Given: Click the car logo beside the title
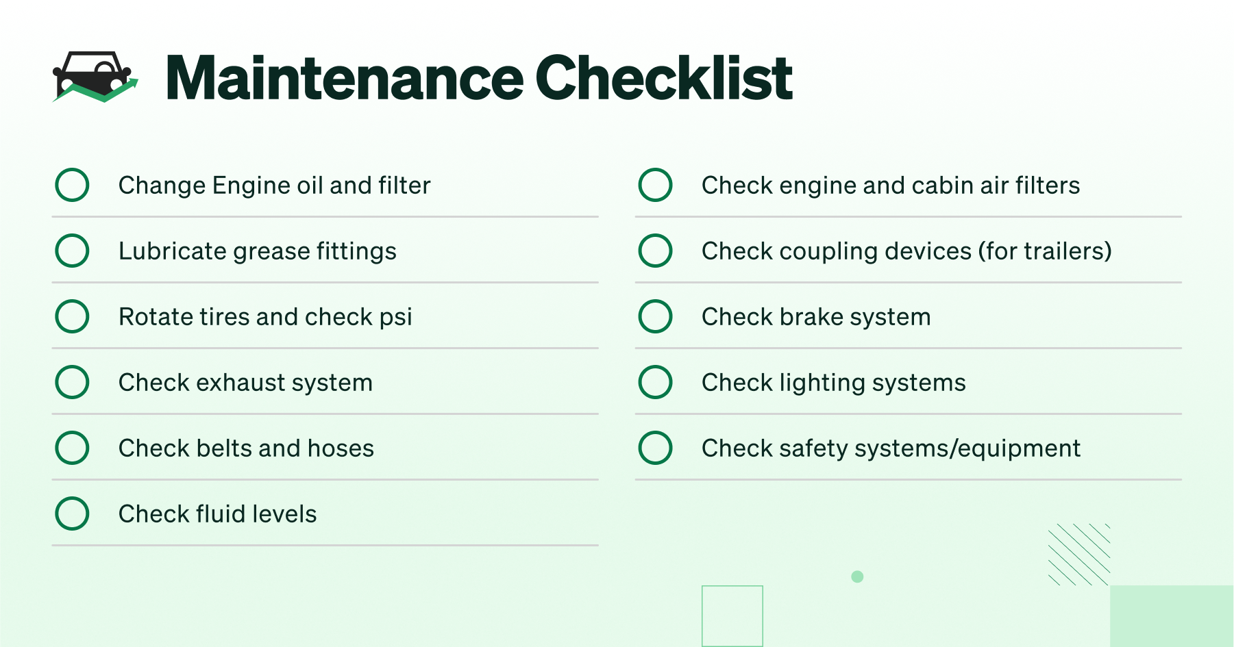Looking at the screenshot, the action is tap(95, 77).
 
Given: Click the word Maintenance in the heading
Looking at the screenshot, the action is tap(345, 78).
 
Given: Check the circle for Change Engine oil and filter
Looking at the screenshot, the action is tap(72, 185).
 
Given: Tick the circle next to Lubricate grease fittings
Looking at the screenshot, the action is tap(72, 251).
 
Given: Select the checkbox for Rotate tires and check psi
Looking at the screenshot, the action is tap(72, 316).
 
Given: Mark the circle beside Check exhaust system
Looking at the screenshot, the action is tap(72, 382).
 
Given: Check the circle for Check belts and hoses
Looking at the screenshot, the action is tap(72, 448).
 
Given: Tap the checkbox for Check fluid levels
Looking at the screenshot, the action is tap(72, 513).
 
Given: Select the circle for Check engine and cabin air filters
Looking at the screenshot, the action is tap(655, 185).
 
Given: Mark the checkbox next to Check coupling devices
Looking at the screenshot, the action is tap(655, 251).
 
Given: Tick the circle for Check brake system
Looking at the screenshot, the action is tap(655, 316).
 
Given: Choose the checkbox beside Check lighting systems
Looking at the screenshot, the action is tap(655, 382).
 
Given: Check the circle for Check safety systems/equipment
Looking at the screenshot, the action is tap(655, 448).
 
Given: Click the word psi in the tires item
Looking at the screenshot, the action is tap(396, 318).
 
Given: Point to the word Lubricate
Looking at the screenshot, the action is tap(173, 251).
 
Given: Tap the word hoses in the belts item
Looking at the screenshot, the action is tap(341, 448).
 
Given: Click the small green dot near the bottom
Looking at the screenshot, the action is tap(857, 576).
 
